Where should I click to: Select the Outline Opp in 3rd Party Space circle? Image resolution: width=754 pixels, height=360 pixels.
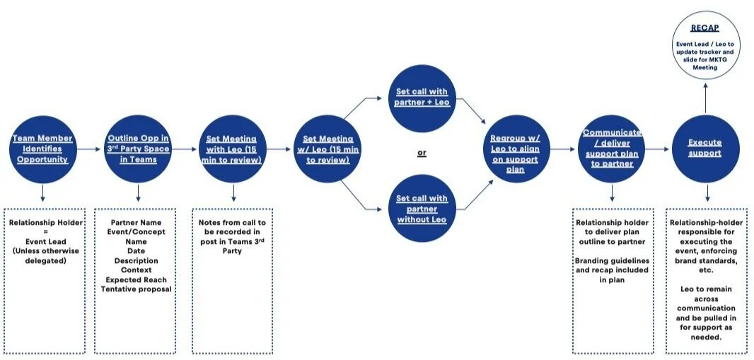pos(137,149)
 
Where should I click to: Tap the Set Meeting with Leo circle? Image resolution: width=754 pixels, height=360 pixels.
pos(233,149)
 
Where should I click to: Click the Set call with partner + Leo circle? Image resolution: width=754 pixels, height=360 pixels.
pos(422,98)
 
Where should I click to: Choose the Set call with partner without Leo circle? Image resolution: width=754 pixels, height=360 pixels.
pos(422,209)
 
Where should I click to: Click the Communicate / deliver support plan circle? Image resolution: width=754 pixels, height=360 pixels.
pos(611,149)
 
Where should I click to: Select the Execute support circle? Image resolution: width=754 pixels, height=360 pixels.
pos(704,149)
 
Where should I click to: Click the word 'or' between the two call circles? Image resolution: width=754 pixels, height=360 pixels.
pos(422,153)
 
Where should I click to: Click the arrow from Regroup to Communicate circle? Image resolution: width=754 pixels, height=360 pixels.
pos(563,149)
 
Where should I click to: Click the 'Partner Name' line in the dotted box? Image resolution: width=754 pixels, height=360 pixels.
pos(137,223)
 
